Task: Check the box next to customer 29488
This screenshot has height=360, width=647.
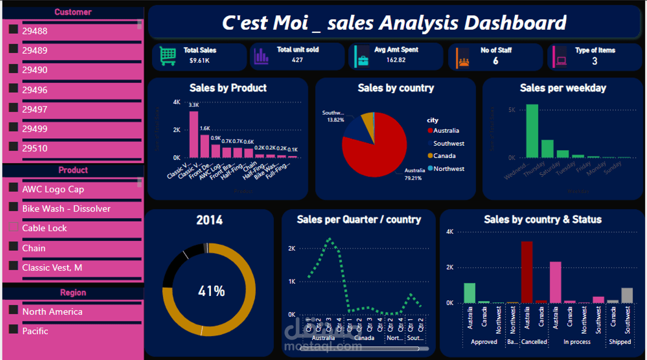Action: (13, 29)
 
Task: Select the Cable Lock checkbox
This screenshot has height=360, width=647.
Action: (13, 227)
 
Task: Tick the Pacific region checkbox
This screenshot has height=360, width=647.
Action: (13, 329)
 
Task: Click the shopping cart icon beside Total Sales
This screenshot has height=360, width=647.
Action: (167, 56)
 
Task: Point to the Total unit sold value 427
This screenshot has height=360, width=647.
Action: (297, 60)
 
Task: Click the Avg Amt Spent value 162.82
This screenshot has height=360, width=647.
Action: (395, 60)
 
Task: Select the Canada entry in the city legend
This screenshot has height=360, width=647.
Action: (444, 156)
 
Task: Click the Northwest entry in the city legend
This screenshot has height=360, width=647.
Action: (448, 169)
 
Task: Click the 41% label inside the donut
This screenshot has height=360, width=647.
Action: (211, 291)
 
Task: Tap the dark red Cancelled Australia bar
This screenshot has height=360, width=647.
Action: (527, 272)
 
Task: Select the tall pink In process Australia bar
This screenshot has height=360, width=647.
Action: (555, 282)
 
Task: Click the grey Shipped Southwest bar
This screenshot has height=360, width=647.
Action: (627, 295)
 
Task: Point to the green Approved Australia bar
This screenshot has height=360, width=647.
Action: (469, 293)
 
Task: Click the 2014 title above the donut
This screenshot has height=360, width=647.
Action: (209, 220)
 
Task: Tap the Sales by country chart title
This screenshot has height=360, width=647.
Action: (395, 88)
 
